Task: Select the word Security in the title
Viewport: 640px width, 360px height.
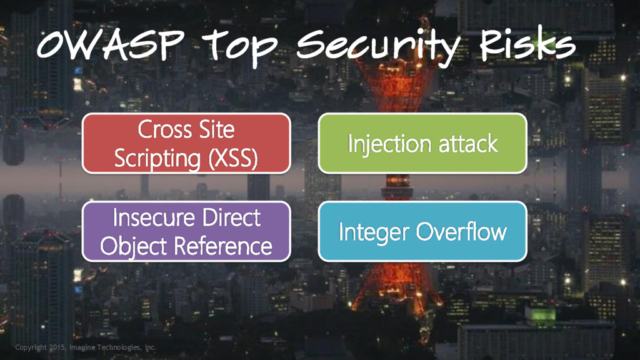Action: coord(379,47)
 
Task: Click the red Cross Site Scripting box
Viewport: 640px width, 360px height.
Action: coord(186,143)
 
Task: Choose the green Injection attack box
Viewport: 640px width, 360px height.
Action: coord(422,143)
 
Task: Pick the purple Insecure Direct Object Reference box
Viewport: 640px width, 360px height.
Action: coord(186,231)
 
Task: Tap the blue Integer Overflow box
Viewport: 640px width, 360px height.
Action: coord(422,231)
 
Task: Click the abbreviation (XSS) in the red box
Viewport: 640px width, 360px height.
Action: coord(229,158)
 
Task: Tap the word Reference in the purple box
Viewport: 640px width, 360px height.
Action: coord(223,246)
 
